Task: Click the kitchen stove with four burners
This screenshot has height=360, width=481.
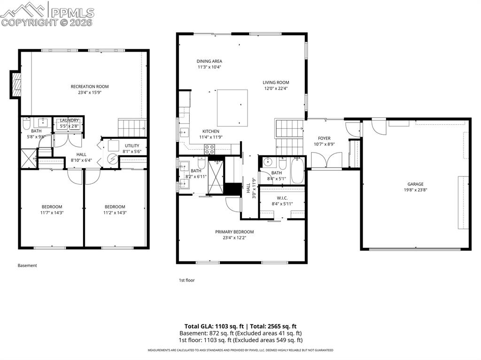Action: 209,149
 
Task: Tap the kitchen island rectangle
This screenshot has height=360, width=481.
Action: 232,107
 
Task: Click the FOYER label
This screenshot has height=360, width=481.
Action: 324,138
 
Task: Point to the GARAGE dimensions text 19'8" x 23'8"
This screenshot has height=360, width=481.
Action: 415,190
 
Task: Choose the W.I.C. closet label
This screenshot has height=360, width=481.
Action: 282,198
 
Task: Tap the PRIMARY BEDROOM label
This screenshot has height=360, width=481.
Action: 234,232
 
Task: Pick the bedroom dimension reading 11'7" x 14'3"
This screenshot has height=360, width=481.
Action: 52,213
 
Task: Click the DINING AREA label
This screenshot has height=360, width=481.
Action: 209,61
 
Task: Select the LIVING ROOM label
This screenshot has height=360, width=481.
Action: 276,83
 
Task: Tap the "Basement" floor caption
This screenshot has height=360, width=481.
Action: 27,266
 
